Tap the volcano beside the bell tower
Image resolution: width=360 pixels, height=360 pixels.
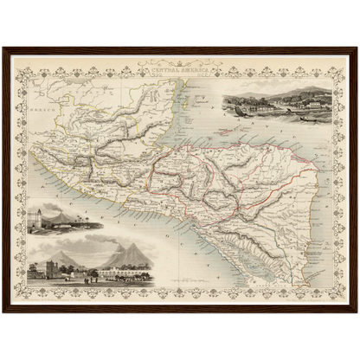click(65, 213)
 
